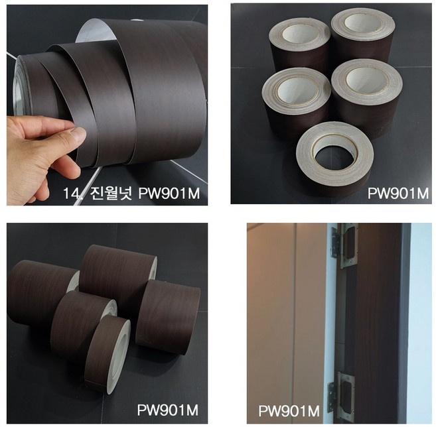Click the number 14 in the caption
point(70,193)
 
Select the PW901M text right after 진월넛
point(169,193)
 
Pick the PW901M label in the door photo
point(289,411)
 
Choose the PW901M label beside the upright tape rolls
point(398,193)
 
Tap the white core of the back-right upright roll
point(362,23)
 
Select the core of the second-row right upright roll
point(367,80)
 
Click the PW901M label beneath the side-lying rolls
point(168,410)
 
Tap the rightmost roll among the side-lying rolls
point(168,317)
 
